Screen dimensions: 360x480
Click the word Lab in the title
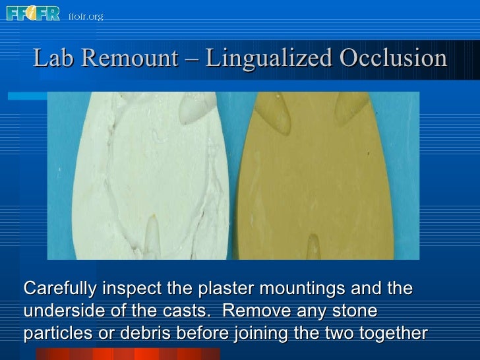pyautogui.click(x=51, y=59)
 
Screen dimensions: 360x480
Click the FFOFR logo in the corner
pyautogui.click(x=33, y=13)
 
